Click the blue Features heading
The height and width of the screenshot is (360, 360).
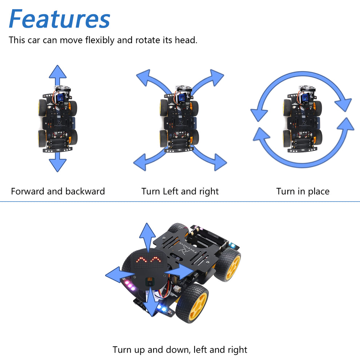coord(59,19)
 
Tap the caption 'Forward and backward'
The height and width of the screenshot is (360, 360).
coord(58,191)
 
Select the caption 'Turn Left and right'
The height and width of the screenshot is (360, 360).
coord(180,191)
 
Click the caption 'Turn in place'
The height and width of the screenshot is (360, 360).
coord(303,191)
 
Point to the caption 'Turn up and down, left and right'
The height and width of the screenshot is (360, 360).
coord(180,350)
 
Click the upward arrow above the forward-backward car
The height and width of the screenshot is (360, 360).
coord(58,75)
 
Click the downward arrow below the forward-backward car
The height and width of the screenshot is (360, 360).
coord(58,162)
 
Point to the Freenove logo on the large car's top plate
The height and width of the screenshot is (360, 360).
coord(185,248)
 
